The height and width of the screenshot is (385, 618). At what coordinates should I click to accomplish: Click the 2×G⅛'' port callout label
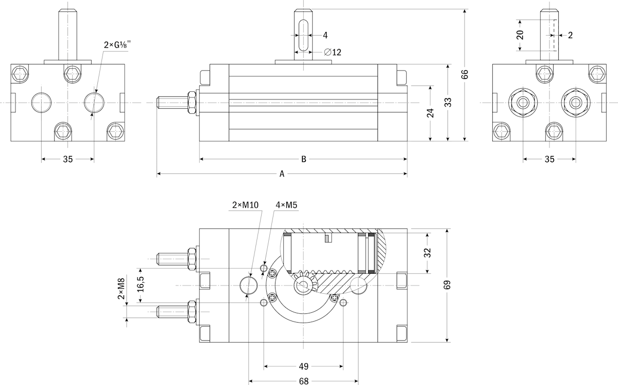click(117, 45)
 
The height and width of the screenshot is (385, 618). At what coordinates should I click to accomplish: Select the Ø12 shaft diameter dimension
click(333, 52)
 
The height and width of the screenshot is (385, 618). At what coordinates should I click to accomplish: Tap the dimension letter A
click(282, 174)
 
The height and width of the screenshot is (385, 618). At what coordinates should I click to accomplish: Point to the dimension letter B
click(303, 159)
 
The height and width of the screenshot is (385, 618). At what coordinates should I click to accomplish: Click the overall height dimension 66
click(465, 74)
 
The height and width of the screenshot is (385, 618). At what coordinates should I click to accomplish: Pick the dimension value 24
click(430, 113)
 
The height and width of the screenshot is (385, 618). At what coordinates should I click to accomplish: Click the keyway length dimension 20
click(520, 35)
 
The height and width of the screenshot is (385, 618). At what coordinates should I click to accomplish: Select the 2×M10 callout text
click(245, 205)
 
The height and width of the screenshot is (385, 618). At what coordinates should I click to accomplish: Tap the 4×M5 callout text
click(286, 205)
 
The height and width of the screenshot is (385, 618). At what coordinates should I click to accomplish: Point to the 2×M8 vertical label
click(121, 289)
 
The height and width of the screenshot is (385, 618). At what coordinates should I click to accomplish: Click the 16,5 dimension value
click(141, 284)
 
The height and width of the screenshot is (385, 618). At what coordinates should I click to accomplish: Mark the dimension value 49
click(303, 366)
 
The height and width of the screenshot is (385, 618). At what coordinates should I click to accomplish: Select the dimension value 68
click(303, 381)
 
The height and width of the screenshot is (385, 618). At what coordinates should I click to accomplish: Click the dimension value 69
click(447, 284)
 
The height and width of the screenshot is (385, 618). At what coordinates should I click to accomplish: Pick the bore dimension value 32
click(427, 253)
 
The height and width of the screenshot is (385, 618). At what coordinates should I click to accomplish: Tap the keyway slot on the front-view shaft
click(303, 36)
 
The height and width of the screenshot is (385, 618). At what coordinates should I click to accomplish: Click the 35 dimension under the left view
click(68, 159)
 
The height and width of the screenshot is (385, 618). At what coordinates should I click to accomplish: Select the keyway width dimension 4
click(325, 36)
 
